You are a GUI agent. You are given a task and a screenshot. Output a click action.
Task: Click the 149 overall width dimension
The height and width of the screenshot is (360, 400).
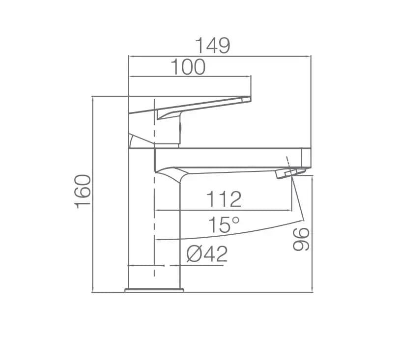(x=213, y=46)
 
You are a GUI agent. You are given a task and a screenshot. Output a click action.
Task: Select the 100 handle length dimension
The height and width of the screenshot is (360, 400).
(x=188, y=67)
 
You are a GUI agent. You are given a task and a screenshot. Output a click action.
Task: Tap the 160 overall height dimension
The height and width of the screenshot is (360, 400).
(x=83, y=192)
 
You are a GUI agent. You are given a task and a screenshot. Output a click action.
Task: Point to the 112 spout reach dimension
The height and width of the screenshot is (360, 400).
(x=224, y=199)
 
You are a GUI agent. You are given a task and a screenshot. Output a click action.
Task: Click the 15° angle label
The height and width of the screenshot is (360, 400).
(x=224, y=224)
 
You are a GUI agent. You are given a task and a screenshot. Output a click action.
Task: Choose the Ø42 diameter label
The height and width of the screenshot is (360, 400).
(x=207, y=254)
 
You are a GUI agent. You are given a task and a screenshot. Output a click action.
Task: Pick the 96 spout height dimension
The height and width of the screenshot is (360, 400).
(x=301, y=239)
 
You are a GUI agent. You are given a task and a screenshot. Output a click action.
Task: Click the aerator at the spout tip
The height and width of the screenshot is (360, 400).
(x=290, y=173)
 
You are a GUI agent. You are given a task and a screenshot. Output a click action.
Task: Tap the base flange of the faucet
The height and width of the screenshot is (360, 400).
(x=154, y=290)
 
